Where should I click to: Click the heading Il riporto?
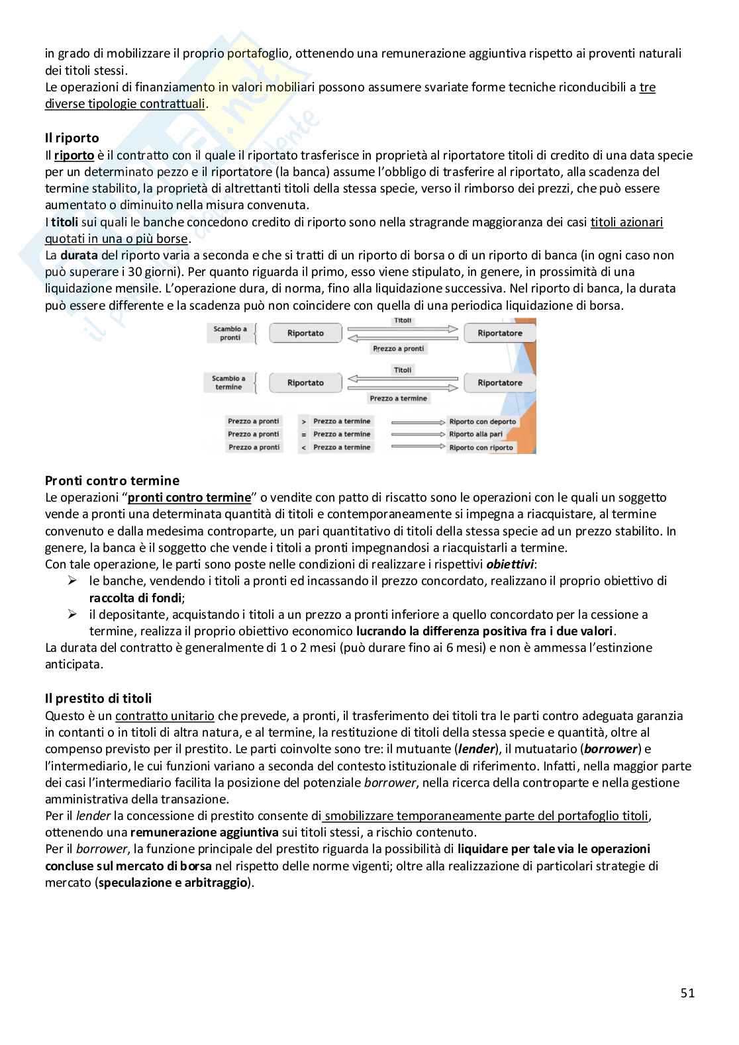[72, 138]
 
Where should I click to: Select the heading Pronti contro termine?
[112, 480]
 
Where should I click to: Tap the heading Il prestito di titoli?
[98, 698]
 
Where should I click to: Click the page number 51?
[687, 993]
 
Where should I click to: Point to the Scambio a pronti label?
[230, 333]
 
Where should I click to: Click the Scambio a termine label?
[228, 383]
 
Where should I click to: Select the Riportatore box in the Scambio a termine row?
[500, 383]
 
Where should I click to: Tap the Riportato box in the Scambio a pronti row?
[305, 333]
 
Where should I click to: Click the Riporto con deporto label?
[481, 422]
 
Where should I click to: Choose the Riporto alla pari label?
[475, 434]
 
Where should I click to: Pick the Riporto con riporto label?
[481, 447]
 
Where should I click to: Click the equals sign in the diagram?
[303, 434]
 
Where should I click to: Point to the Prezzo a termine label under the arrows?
[398, 398]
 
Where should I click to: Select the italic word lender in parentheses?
[476, 749]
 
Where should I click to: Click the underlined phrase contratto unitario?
[164, 715]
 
